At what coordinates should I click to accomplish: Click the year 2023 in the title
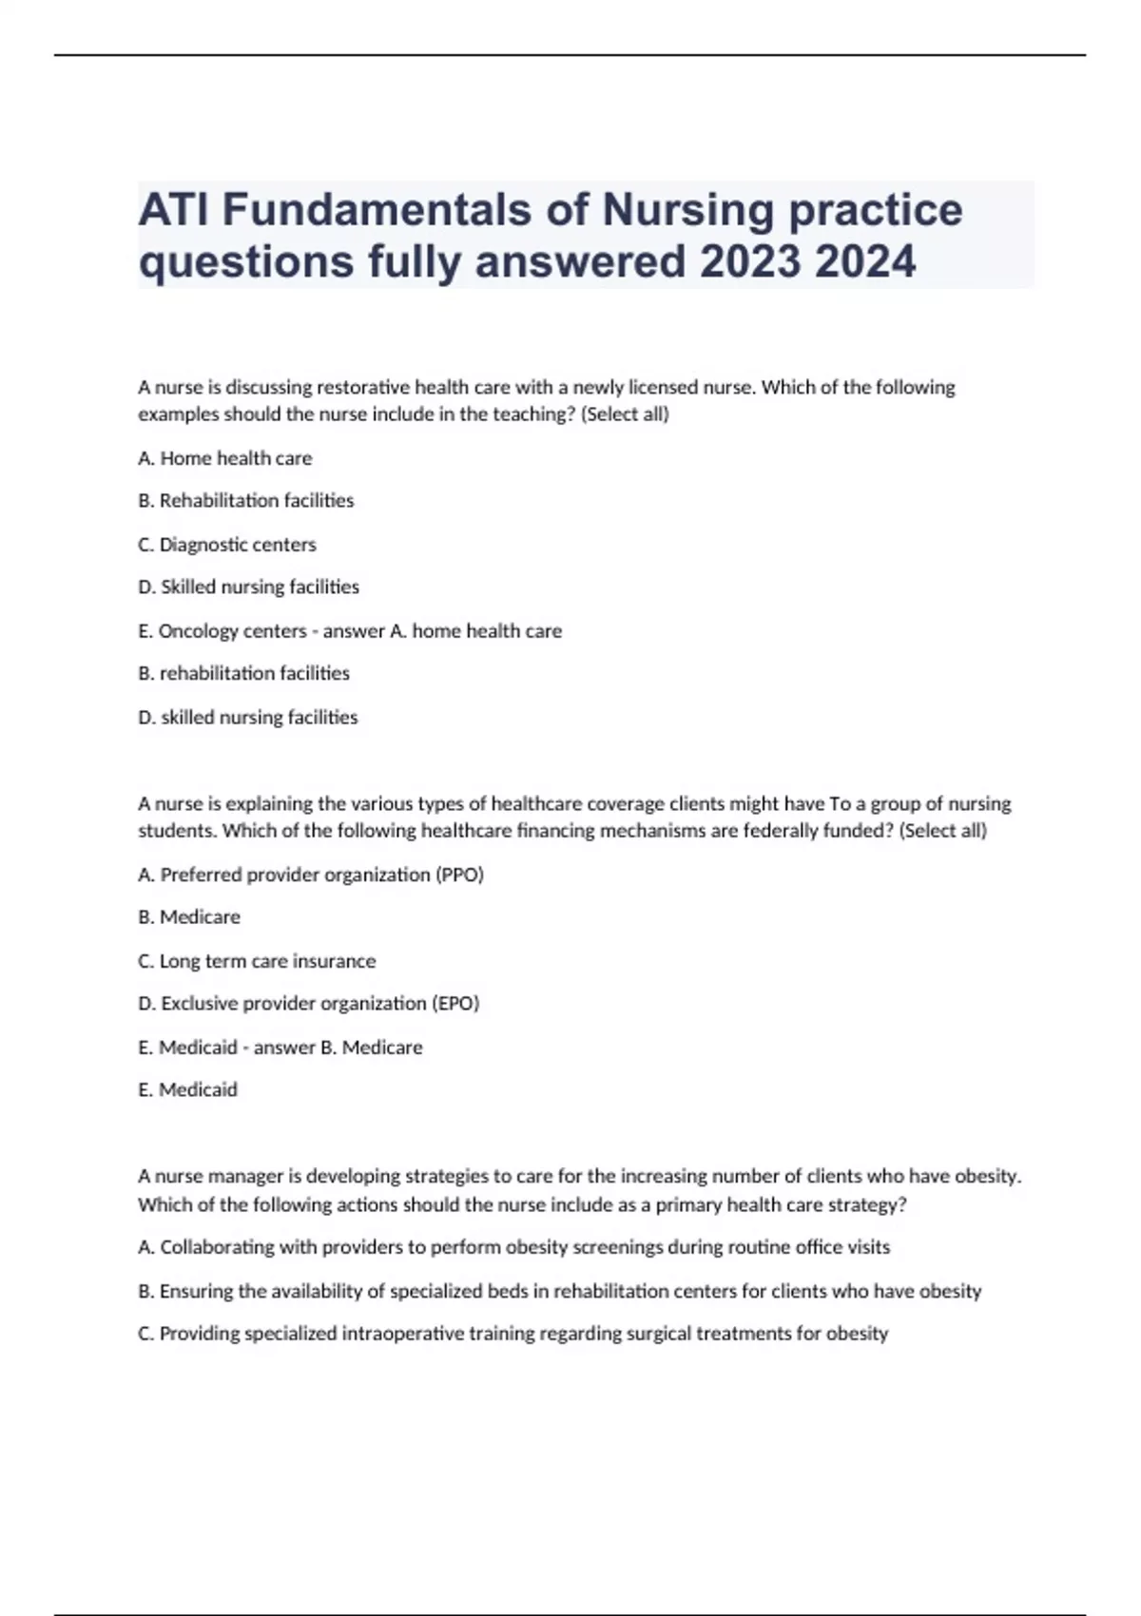(x=749, y=261)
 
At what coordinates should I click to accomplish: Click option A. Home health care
(x=224, y=458)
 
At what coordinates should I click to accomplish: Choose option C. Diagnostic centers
(x=226, y=545)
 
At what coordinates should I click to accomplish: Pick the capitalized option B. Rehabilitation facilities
(x=245, y=501)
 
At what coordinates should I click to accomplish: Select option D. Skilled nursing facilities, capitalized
(x=248, y=587)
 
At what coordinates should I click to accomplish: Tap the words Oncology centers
(x=232, y=631)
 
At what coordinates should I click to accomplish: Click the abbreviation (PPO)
(x=459, y=875)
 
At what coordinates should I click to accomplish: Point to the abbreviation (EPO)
(x=455, y=1004)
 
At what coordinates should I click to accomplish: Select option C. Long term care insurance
(x=257, y=961)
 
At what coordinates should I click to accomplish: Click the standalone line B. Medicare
(x=189, y=917)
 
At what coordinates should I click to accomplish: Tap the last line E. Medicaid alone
(x=187, y=1090)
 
